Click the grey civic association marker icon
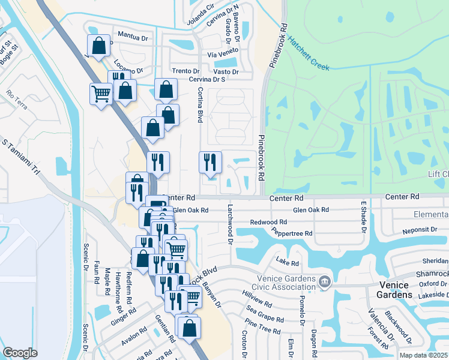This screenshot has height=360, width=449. pos(324,281)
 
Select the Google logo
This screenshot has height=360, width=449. pos(20,352)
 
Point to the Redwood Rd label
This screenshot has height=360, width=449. pos(269,222)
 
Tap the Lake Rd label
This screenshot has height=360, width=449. pos(287,262)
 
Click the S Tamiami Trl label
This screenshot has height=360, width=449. pos(22,159)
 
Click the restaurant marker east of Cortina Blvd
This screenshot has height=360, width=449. pos(210,162)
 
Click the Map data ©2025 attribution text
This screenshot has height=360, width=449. pos(424,355)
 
